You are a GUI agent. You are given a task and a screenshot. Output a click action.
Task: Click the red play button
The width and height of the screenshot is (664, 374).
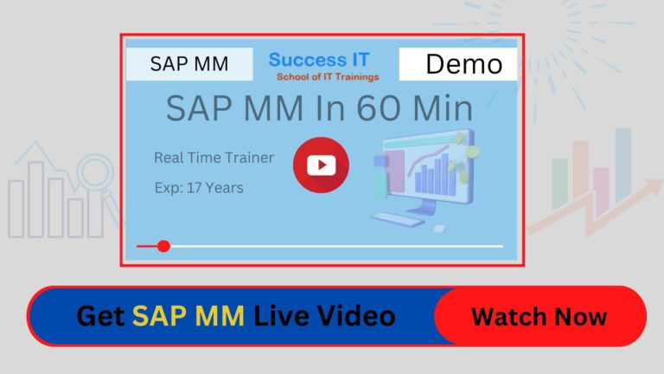321,165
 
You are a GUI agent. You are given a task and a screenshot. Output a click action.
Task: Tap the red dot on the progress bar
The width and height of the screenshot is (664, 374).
163,246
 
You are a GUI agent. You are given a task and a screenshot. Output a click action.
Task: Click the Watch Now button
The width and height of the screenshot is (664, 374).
539,316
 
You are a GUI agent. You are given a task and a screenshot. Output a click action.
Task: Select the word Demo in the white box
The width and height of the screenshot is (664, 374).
464,64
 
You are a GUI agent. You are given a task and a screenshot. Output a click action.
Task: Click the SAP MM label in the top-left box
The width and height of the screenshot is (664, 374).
189,64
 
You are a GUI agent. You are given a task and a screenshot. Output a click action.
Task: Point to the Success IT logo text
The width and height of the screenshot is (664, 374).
319,60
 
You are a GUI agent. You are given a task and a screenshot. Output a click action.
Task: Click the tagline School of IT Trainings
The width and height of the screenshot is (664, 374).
328,77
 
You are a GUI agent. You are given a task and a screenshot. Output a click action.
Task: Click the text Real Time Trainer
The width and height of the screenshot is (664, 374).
214,158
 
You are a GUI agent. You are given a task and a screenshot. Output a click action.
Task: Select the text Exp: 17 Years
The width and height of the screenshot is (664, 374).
199,188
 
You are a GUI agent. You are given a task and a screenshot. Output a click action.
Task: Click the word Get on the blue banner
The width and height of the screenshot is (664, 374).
101,316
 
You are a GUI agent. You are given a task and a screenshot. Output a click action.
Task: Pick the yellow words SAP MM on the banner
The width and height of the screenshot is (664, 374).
188,316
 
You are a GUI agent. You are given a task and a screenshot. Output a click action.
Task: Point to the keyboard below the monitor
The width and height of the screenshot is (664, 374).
397,220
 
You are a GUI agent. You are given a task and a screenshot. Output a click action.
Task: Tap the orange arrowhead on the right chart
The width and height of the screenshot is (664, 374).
652,186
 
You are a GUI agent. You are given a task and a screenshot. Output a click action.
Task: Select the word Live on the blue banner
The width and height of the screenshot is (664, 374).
282,316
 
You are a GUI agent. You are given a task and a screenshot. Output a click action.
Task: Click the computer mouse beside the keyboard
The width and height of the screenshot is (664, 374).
439,229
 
